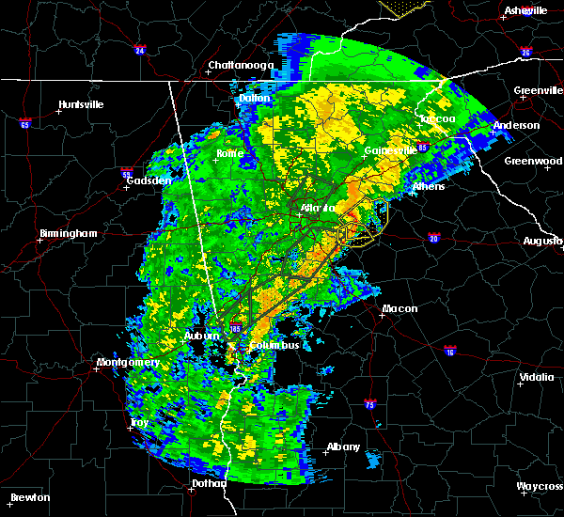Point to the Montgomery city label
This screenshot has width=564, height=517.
tap(128, 363)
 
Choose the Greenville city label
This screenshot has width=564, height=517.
tap(538, 91)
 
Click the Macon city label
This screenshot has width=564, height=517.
tap(399, 308)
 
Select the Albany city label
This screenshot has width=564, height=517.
tap(341, 446)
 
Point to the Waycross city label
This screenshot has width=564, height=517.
tap(540, 486)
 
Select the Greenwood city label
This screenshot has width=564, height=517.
tap(532, 161)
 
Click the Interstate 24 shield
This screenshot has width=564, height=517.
tap(139, 50)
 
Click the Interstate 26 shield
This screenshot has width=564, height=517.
tap(526, 53)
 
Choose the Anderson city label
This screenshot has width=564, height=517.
tap(516, 125)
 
